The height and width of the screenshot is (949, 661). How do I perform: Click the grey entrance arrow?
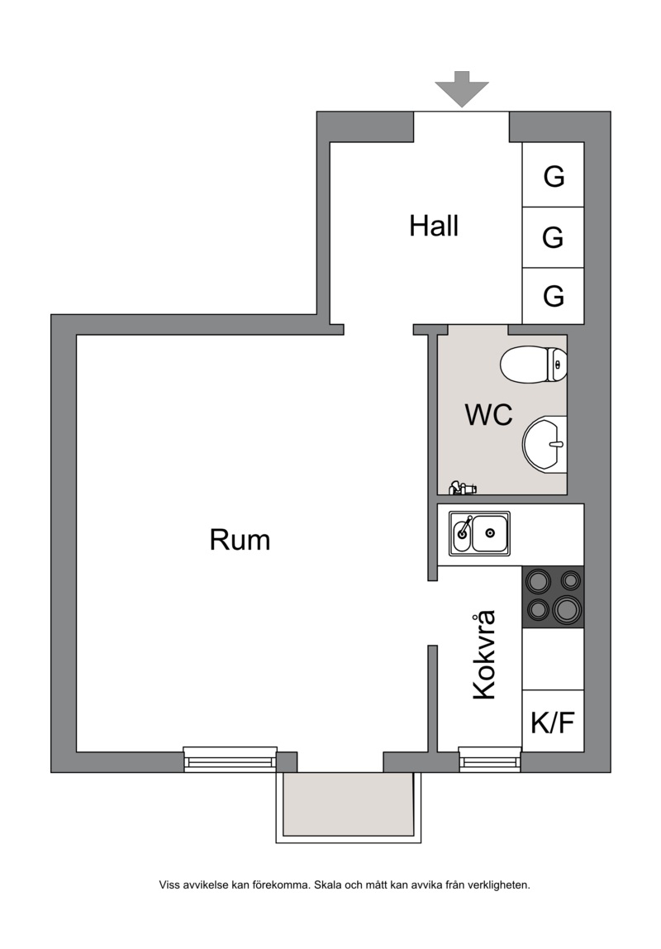pyautogui.click(x=461, y=88)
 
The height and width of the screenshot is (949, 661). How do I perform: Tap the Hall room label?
pyautogui.click(x=434, y=226)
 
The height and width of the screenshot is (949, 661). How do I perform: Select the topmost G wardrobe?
pyautogui.click(x=553, y=175)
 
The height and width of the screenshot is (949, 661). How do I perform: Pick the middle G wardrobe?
pyautogui.click(x=553, y=237)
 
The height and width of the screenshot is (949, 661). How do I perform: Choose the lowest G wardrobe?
pyautogui.click(x=553, y=296)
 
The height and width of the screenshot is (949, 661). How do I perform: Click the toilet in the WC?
pyautogui.click(x=534, y=365)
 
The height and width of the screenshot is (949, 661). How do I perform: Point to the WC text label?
pyautogui.click(x=488, y=415)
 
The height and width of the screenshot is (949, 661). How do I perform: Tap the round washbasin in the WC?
pyautogui.click(x=544, y=444)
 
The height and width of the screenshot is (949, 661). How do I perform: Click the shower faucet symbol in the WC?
pyautogui.click(x=463, y=487)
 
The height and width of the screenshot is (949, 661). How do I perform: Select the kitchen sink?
pyautogui.click(x=479, y=533)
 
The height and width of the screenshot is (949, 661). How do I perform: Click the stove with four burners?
pyautogui.click(x=553, y=597)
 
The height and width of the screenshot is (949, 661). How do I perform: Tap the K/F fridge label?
pyautogui.click(x=553, y=722)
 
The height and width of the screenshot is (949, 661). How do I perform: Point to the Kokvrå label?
pyautogui.click(x=484, y=655)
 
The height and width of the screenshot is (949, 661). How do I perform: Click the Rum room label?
pyautogui.click(x=240, y=540)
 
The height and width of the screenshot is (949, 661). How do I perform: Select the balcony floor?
pyautogui.click(x=349, y=804)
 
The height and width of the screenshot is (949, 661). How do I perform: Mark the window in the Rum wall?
pyautogui.click(x=230, y=759)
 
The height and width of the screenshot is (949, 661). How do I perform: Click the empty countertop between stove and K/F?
pyautogui.click(x=553, y=659)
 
